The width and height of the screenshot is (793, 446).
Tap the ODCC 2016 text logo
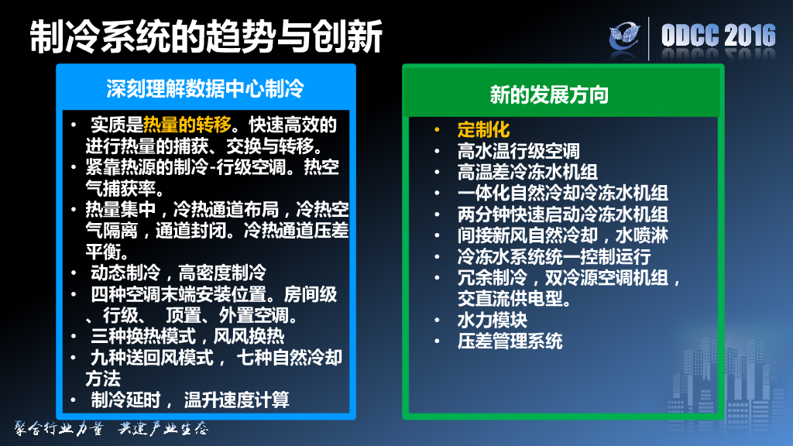[718, 36]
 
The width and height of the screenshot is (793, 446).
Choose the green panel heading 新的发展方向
[549, 94]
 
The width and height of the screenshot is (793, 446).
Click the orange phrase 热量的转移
[187, 125]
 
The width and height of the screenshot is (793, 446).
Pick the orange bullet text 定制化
[483, 129]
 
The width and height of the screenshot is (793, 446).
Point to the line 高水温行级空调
[518, 150]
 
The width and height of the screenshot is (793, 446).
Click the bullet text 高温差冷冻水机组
[527, 171]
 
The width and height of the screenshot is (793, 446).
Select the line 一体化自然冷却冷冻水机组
[562, 192]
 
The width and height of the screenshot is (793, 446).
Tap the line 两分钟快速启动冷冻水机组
[562, 214]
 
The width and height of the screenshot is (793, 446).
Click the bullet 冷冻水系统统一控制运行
[554, 256]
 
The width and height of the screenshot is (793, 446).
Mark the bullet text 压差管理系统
[510, 340]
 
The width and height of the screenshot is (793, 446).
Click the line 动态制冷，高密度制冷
[178, 273]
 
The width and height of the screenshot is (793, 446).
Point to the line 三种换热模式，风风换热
[187, 336]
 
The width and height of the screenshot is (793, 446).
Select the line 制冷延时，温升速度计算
[190, 400]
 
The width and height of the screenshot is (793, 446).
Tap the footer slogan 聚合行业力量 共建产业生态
[112, 428]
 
